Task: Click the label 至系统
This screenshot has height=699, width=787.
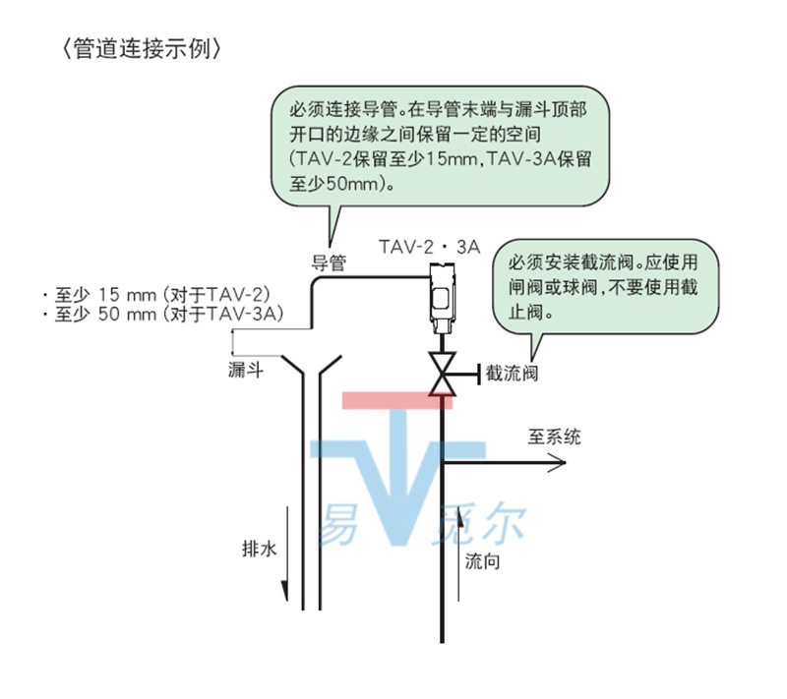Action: (x=555, y=436)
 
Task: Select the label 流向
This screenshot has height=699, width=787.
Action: (x=483, y=562)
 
